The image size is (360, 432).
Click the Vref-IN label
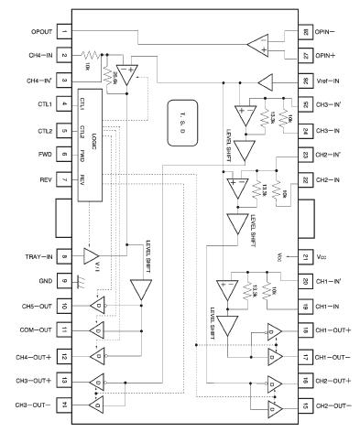tap(329, 81)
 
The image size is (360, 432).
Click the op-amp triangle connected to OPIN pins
tap(257, 44)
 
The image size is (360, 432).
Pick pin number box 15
tap(304, 404)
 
